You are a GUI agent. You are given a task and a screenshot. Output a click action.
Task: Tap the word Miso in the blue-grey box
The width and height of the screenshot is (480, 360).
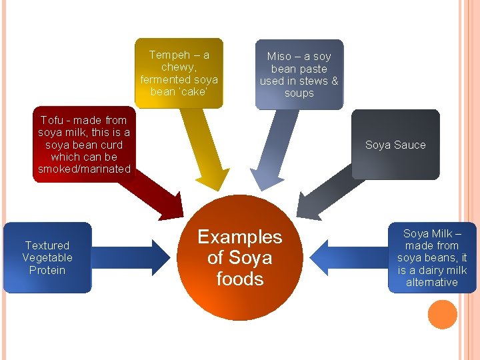[279, 57]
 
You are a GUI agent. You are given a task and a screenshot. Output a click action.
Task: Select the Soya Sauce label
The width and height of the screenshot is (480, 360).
[395, 145]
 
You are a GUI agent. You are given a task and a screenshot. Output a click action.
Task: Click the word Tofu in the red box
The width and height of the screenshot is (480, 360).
[51, 121]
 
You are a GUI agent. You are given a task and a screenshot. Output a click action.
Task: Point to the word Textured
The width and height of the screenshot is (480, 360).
[47, 245]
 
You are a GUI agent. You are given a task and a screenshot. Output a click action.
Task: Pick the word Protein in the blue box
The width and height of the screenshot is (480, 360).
[47, 270]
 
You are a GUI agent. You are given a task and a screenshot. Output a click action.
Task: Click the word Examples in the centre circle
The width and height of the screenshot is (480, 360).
[240, 237]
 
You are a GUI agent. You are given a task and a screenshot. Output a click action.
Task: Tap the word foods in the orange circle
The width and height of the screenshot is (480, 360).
[240, 279]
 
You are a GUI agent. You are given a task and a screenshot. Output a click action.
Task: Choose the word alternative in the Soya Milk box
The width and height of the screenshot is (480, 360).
[432, 282]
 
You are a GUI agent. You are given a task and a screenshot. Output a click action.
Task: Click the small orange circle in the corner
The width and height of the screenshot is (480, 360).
[443, 315]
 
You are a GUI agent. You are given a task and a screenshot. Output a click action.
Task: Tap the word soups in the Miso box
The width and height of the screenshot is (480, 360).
[299, 93]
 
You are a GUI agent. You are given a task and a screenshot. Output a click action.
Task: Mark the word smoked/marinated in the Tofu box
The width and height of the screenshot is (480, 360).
[84, 169]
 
